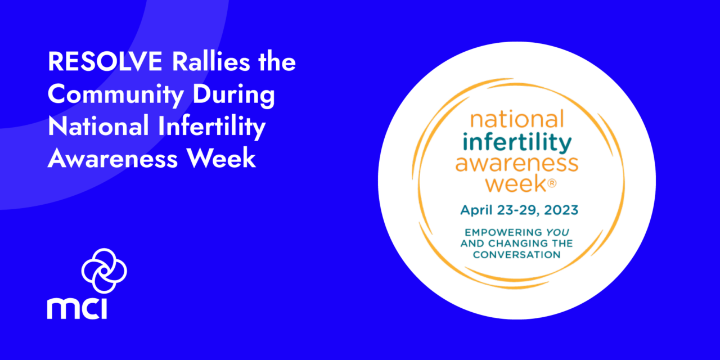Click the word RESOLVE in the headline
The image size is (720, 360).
105,61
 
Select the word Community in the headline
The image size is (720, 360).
116,95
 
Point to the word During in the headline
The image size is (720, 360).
234,95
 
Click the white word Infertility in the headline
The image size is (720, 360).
211,127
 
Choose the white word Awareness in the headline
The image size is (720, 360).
112,158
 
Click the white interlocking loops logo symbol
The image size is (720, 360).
104,271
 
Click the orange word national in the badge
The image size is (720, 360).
517,119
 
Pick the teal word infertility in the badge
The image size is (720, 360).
517,142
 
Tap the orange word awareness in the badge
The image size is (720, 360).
517,163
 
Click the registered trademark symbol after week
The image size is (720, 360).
552,183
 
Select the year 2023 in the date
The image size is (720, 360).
561,210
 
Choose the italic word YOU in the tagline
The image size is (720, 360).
557,232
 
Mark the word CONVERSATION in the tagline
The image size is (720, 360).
517,255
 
